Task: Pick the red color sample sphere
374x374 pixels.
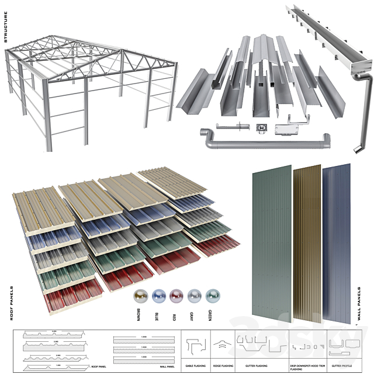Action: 176,296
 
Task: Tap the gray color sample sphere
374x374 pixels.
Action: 195,296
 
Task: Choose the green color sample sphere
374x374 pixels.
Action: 212,296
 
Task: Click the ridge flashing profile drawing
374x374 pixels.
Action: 221,345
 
